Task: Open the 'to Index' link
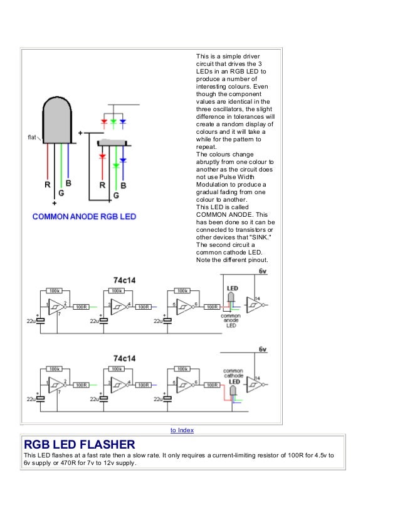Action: click(182, 430)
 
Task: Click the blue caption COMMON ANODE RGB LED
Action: click(84, 216)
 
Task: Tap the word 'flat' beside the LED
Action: click(31, 136)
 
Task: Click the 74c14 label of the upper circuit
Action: click(124, 280)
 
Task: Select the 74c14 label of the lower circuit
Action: click(124, 358)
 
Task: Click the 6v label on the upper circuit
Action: click(263, 271)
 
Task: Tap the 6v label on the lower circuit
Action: click(263, 349)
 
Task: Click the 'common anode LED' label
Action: click(231, 320)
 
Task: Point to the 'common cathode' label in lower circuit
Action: click(233, 374)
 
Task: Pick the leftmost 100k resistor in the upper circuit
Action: click(55, 291)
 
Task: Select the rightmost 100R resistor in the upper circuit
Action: click(213, 307)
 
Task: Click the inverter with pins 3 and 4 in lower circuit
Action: click(117, 384)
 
